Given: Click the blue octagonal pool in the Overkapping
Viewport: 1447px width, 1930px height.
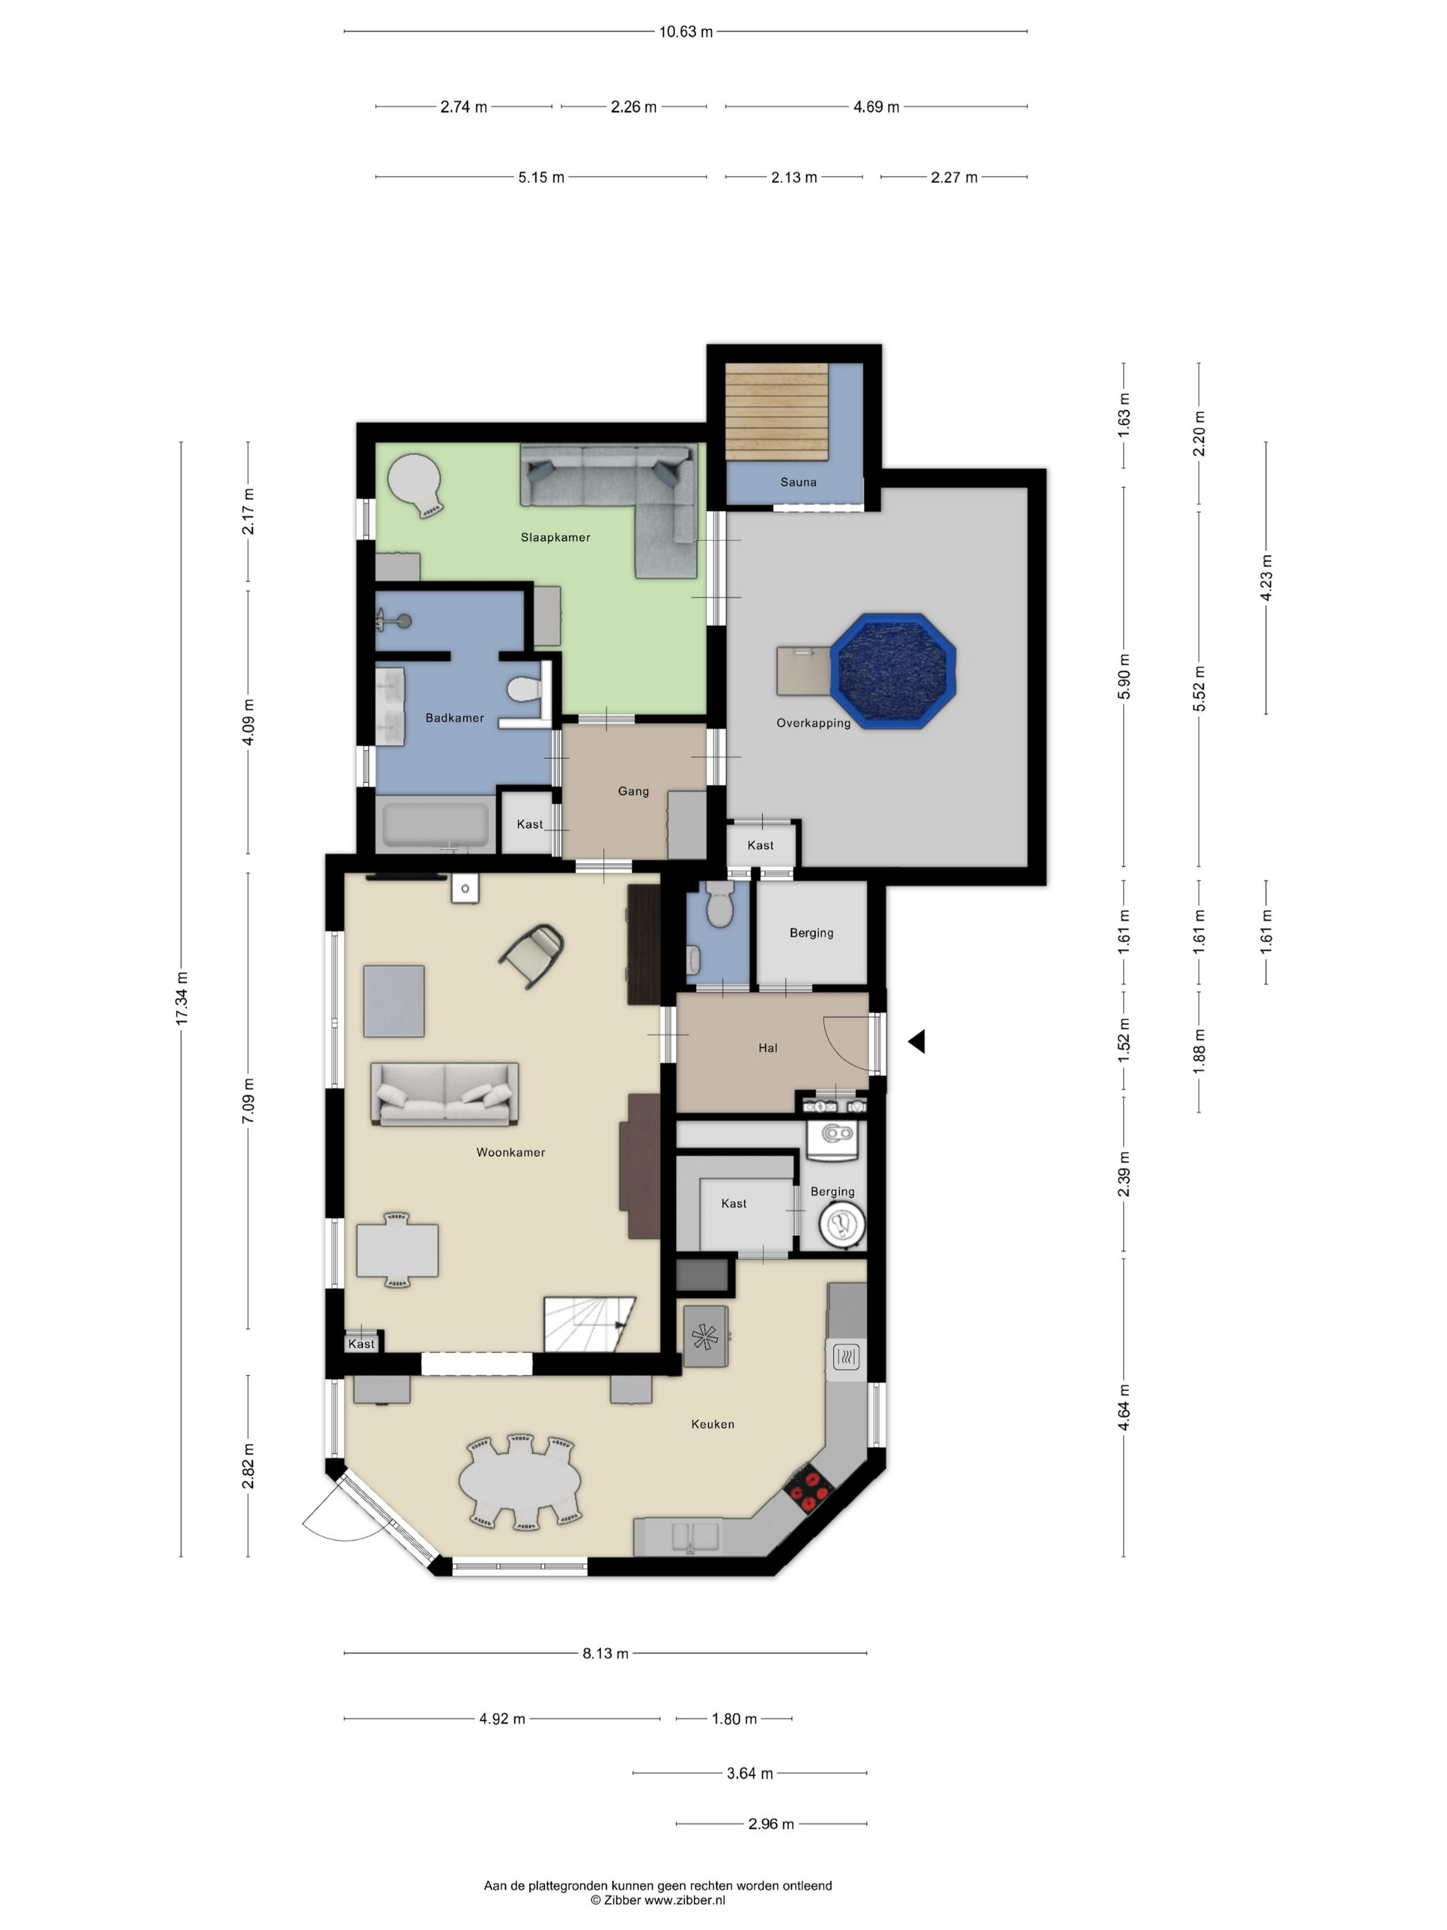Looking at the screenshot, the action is pyautogui.click(x=892, y=671).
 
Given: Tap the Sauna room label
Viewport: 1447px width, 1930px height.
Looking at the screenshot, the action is pyautogui.click(x=798, y=482).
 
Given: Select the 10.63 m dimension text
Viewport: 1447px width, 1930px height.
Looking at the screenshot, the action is pyautogui.click(x=686, y=32).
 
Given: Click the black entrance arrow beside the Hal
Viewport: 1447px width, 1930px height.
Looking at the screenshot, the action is pyautogui.click(x=916, y=1041).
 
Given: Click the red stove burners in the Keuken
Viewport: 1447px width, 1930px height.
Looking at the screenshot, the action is pyautogui.click(x=810, y=1490).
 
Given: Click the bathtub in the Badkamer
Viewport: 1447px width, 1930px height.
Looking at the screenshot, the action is pyautogui.click(x=436, y=824).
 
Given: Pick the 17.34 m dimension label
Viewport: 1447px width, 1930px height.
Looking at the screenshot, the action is pyautogui.click(x=181, y=998).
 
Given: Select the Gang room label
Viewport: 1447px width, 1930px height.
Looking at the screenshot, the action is pyautogui.click(x=633, y=791).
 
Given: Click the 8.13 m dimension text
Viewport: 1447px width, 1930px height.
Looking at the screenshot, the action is pyautogui.click(x=605, y=1652).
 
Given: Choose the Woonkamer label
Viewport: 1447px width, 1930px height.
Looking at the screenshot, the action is pyautogui.click(x=511, y=1152).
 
